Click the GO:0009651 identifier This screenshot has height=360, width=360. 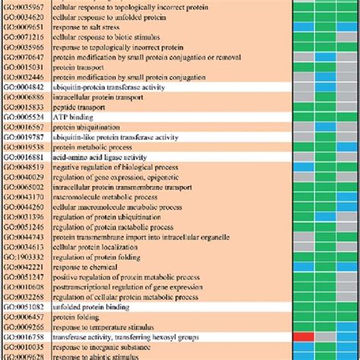pyautogui.click(x=22, y=25)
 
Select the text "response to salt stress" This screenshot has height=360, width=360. pyautogui.click(x=84, y=25)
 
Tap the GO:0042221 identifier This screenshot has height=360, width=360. pyautogui.click(x=22, y=267)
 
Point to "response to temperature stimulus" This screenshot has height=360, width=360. pyautogui.click(x=99, y=324)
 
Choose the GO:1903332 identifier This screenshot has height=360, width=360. pyautogui.click(x=22, y=257)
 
